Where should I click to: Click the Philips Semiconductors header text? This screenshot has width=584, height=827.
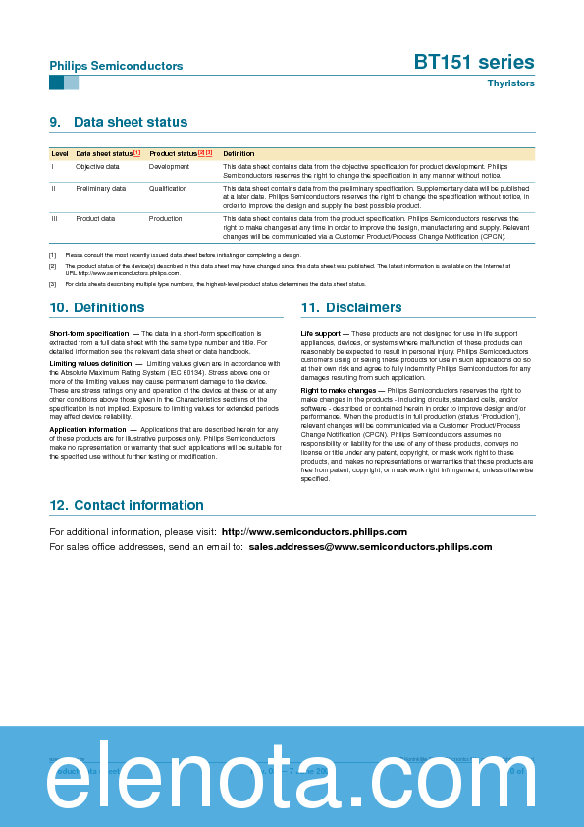pos(116,66)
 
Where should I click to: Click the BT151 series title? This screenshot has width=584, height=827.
pos(474,63)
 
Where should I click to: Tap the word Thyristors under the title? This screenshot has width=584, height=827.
pos(510,83)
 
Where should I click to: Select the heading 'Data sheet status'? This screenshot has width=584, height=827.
pos(130,122)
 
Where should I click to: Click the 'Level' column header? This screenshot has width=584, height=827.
pos(60,154)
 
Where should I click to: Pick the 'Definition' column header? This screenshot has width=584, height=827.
pos(239,154)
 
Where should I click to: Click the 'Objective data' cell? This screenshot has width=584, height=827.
pos(97,167)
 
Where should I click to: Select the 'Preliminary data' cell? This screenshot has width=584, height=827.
pos(100,188)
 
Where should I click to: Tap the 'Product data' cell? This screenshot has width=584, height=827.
pos(95,218)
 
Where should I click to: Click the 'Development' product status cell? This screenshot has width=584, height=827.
pos(169,167)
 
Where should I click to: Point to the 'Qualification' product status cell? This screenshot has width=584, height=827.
pos(168,188)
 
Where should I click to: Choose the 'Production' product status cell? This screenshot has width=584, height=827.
pos(166,218)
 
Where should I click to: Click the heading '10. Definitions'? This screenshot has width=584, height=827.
pos(96,307)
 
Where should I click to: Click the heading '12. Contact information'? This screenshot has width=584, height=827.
pos(126,505)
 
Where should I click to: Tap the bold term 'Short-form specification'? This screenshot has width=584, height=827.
pos(88,334)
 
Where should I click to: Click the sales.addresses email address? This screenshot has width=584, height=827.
pos(370,546)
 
